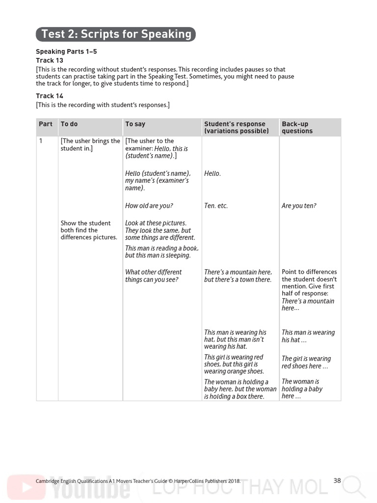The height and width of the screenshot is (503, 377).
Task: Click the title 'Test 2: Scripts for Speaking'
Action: tap(116, 34)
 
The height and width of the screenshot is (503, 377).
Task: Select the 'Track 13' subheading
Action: tap(50, 60)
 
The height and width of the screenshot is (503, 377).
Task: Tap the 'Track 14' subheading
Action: tap(50, 96)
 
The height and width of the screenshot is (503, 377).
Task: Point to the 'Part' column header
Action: tap(46, 124)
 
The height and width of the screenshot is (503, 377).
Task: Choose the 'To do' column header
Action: tap(69, 124)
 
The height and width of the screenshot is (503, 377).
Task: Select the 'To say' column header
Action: tap(135, 124)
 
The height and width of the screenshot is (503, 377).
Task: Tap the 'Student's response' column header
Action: tap(237, 128)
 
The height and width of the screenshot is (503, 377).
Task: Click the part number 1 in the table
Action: tap(41, 141)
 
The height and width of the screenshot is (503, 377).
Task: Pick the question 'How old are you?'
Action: tap(149, 206)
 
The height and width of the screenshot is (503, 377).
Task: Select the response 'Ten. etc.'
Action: tap(216, 206)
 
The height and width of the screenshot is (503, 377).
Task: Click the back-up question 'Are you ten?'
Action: tap(299, 206)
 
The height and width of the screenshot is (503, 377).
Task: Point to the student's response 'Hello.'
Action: tap(213, 173)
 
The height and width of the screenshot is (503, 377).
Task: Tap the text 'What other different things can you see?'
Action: tap(153, 276)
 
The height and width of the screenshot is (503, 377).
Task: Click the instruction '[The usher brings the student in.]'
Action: tap(90, 144)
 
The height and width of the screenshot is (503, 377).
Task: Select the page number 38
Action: tap(337, 481)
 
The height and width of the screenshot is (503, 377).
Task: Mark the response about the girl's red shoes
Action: tap(234, 364)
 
